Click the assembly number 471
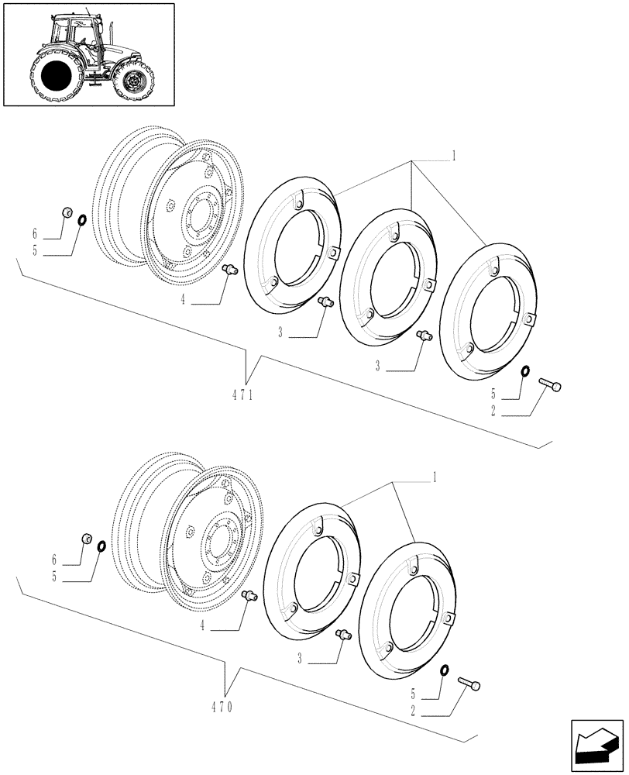click(x=243, y=394)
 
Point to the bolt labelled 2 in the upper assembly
click(x=551, y=384)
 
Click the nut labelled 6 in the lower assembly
click(x=88, y=538)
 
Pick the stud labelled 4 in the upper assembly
click(x=229, y=269)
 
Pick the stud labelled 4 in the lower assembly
click(x=249, y=596)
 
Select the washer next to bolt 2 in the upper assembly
click(x=525, y=371)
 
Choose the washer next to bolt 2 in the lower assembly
click(x=445, y=670)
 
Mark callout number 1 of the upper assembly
click(x=454, y=156)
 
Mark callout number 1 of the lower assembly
click(x=435, y=476)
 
